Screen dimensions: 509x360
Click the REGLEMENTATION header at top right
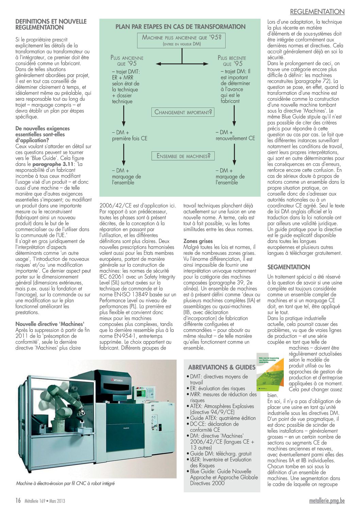pos(317,12)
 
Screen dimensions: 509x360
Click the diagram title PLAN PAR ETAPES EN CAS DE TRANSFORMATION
pos(180,27)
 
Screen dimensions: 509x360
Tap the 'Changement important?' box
pos(183,112)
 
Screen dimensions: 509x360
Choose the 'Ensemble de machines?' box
pos(183,156)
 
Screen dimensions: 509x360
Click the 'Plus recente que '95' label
pos(232,61)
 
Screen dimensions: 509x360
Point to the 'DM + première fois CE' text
pos(130,135)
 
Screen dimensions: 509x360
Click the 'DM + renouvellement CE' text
pos(235,135)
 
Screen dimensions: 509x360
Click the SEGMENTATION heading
pos(289,267)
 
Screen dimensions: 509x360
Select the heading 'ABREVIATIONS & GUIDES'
pos(222,367)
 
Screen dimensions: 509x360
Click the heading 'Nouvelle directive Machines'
pos(50,324)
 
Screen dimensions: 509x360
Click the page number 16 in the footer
pos(18,500)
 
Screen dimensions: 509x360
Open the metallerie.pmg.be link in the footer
pos(327,501)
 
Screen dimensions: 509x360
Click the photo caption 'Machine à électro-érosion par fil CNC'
pos(65,483)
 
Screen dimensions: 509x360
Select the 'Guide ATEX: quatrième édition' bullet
pos(223,418)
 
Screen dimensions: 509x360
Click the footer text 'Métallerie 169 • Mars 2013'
pos(45,501)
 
